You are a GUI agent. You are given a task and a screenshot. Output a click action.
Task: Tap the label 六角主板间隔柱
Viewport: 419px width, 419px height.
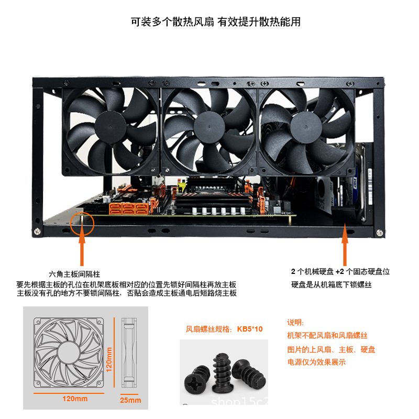coord(74,274)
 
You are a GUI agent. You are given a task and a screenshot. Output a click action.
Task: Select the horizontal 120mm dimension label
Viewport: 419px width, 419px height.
coord(74,399)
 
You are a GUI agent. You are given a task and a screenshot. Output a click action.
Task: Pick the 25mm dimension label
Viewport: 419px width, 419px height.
coord(130,401)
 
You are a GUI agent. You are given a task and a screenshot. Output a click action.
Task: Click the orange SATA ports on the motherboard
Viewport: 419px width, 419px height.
coord(128,208)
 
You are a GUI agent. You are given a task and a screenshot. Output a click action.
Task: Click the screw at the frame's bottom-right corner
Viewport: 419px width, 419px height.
coord(378,231)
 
